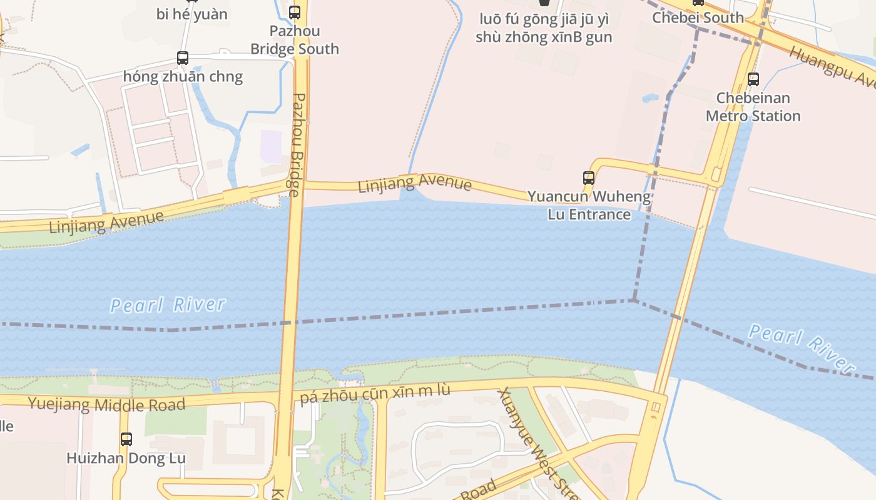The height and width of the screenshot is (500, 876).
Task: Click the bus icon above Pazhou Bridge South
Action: (295, 12)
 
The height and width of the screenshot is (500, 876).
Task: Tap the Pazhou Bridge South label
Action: (295, 39)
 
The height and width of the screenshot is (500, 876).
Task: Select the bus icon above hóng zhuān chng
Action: (183, 58)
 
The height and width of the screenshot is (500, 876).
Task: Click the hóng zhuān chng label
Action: (183, 77)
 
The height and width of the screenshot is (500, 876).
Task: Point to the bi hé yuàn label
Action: (192, 14)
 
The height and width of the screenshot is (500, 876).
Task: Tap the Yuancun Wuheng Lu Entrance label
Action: (589, 206)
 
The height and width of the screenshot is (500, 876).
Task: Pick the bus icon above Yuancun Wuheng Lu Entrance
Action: (589, 178)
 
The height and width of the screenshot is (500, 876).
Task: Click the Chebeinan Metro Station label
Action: (753, 107)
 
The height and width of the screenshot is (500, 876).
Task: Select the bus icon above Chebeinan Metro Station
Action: (753, 79)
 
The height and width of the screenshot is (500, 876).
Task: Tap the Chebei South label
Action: (698, 17)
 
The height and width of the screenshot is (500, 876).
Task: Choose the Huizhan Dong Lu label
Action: (126, 458)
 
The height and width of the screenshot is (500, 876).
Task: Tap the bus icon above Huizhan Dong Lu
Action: (126, 439)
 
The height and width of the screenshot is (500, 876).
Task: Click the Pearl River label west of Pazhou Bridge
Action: (168, 305)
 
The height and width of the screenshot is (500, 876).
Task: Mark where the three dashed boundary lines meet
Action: (634, 301)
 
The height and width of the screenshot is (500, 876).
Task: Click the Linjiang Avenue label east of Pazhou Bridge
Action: (415, 184)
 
